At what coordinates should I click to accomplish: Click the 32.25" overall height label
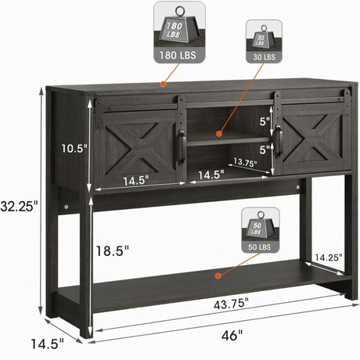(19, 206)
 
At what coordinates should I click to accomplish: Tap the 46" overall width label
(232, 335)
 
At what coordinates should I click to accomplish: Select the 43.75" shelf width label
(231, 304)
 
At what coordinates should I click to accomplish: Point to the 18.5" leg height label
(113, 251)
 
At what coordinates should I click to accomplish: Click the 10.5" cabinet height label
(74, 148)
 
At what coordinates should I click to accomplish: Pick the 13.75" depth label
(245, 162)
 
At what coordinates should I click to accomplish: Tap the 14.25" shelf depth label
(328, 257)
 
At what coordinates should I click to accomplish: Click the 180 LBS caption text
(178, 56)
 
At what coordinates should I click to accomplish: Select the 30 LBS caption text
(264, 57)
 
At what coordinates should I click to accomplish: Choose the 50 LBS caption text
(260, 247)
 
